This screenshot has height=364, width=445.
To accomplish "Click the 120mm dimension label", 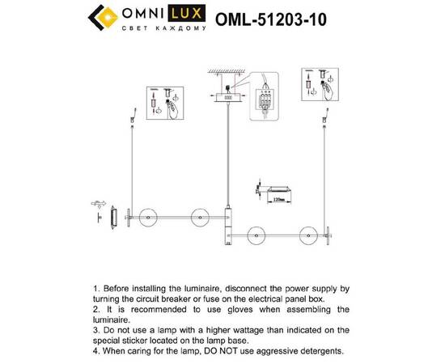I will click(278, 197).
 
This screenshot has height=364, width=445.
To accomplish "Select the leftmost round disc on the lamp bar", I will click(147, 217).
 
